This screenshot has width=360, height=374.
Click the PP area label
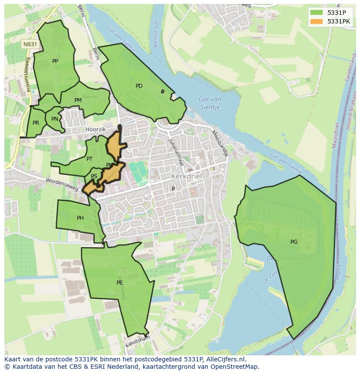55,61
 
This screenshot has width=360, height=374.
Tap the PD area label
139,86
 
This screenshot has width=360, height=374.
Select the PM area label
78,100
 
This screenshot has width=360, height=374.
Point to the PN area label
54,119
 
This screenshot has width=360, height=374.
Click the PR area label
36,123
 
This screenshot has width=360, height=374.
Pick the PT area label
89,159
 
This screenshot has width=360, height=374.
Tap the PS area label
94,176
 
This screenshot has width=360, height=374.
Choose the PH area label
80,218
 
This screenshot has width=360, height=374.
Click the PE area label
120,283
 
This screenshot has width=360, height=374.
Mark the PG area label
294,242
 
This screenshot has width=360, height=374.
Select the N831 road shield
30,44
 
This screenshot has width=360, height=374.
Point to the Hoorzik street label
96,129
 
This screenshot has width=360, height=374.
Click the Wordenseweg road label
62,185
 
